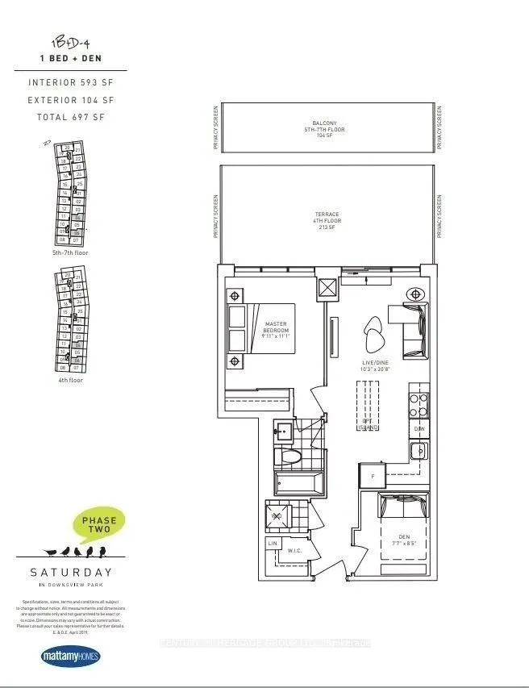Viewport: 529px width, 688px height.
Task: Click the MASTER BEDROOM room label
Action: coord(276,328)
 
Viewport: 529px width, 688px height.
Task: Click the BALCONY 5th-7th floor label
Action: coord(325,128)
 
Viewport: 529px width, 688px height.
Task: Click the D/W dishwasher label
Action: coord(419,429)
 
